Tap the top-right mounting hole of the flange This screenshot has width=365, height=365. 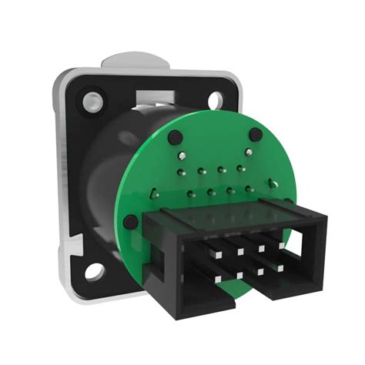[x=216, y=98]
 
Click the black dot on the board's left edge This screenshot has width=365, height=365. [x=132, y=222]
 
